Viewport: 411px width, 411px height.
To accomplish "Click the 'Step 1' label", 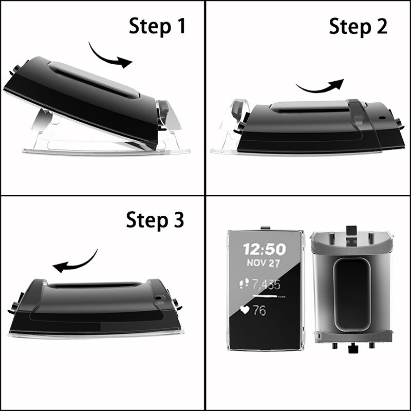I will click(x=157, y=26).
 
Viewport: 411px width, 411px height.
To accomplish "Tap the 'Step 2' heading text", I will click(x=358, y=26).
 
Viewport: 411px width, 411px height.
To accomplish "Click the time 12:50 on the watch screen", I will click(x=264, y=250).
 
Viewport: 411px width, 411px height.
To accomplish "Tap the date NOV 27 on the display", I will click(x=264, y=264).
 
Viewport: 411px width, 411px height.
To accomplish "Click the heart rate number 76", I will click(x=259, y=311).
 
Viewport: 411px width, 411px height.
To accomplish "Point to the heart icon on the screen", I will click(x=246, y=310).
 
